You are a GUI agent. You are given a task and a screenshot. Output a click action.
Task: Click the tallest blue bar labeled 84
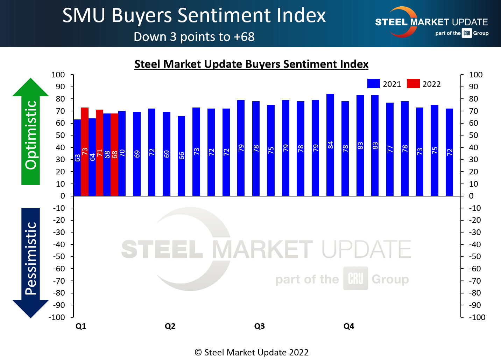point(330,145)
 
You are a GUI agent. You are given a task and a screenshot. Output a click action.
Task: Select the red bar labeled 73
point(85,152)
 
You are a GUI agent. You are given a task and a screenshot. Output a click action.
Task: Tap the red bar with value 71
point(100,153)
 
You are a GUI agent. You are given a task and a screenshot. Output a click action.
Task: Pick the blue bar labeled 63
point(77,158)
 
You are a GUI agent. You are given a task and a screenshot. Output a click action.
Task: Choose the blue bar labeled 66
point(182,156)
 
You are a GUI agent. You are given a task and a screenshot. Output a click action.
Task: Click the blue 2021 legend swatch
point(373,84)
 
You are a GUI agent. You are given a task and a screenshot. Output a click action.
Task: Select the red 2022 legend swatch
point(413,84)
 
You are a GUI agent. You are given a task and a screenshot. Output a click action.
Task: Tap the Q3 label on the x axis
point(259,326)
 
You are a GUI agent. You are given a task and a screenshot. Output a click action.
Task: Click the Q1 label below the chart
point(81,326)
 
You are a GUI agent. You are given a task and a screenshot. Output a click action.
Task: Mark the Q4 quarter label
point(349,326)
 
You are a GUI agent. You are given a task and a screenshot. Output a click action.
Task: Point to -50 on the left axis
point(59,257)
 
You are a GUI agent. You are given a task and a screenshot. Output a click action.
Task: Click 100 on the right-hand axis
point(476,75)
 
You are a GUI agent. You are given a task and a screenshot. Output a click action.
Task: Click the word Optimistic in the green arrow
point(31,135)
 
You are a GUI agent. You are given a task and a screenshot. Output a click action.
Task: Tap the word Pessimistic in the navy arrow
point(31,258)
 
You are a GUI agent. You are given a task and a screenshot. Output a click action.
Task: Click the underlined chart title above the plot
point(251,64)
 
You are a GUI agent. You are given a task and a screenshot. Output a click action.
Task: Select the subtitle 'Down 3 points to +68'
point(194,37)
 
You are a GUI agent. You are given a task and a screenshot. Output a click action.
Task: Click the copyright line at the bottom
point(252,352)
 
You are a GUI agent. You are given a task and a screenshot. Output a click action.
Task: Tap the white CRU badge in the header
point(467,33)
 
